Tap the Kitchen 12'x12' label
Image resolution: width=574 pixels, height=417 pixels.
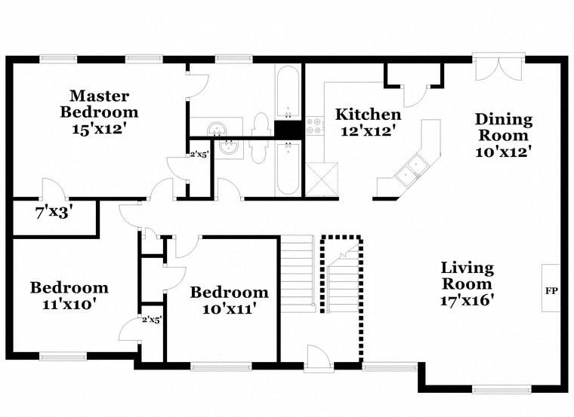(x=368, y=122)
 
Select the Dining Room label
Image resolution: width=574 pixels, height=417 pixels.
(x=504, y=135)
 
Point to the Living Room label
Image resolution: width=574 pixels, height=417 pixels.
(x=468, y=284)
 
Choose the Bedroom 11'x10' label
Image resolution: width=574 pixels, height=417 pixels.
(x=69, y=296)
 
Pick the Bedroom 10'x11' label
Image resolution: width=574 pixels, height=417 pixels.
(x=229, y=299)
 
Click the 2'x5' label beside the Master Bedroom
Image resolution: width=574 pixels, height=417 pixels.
(x=198, y=155)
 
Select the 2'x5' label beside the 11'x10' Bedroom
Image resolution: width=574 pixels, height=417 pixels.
(x=152, y=319)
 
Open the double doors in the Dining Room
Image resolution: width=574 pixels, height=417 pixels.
(x=499, y=69)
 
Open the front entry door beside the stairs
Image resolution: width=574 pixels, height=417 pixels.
(x=318, y=357)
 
